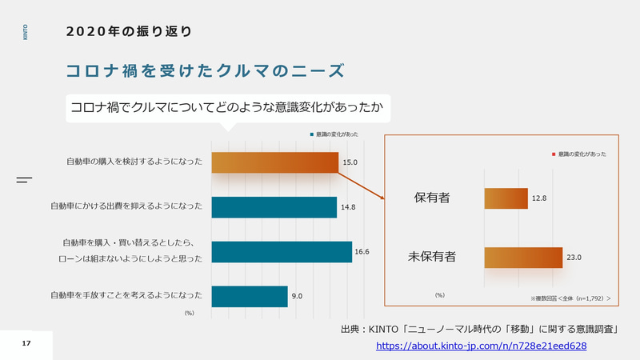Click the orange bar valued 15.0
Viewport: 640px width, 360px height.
pos(274,162)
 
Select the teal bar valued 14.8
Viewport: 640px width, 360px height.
pos(274,206)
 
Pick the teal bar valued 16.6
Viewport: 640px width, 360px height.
pos(281,251)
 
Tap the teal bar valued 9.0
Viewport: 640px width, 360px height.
pos(249,296)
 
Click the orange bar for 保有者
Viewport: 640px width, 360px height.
pos(506,198)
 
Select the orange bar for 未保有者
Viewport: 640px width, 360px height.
pos(523,257)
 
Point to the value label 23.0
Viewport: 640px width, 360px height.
pos(574,258)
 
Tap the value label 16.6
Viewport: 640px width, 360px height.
pos(362,251)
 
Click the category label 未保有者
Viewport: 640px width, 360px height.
pos(432,257)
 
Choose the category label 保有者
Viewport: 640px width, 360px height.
pos(432,198)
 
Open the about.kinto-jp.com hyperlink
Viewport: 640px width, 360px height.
pos(482,346)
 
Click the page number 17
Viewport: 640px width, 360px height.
pos(26,343)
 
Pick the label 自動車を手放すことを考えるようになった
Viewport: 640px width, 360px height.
pos(126,296)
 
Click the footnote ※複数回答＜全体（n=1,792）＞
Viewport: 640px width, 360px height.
pos(570,298)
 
